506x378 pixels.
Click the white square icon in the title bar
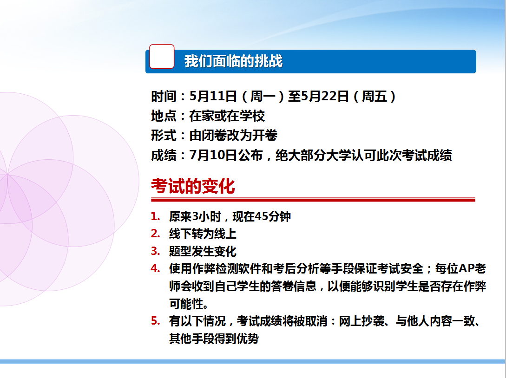coord(162,57)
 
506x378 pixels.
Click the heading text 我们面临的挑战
coord(233,61)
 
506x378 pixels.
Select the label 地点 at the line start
coord(164,116)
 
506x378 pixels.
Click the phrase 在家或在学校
coord(227,116)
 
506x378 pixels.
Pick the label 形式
coord(164,136)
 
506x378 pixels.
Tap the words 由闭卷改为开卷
coord(233,136)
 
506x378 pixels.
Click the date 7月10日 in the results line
coord(213,155)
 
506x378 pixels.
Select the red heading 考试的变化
coord(193,186)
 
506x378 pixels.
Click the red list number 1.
coord(156,216)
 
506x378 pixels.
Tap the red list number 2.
coord(156,234)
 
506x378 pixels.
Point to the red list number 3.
coord(156,251)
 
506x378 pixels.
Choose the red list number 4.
coord(156,268)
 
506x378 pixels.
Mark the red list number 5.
coord(156,321)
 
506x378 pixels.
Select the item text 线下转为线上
coord(203,234)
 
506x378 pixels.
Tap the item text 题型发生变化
coord(203,251)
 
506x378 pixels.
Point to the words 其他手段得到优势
coord(214,339)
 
